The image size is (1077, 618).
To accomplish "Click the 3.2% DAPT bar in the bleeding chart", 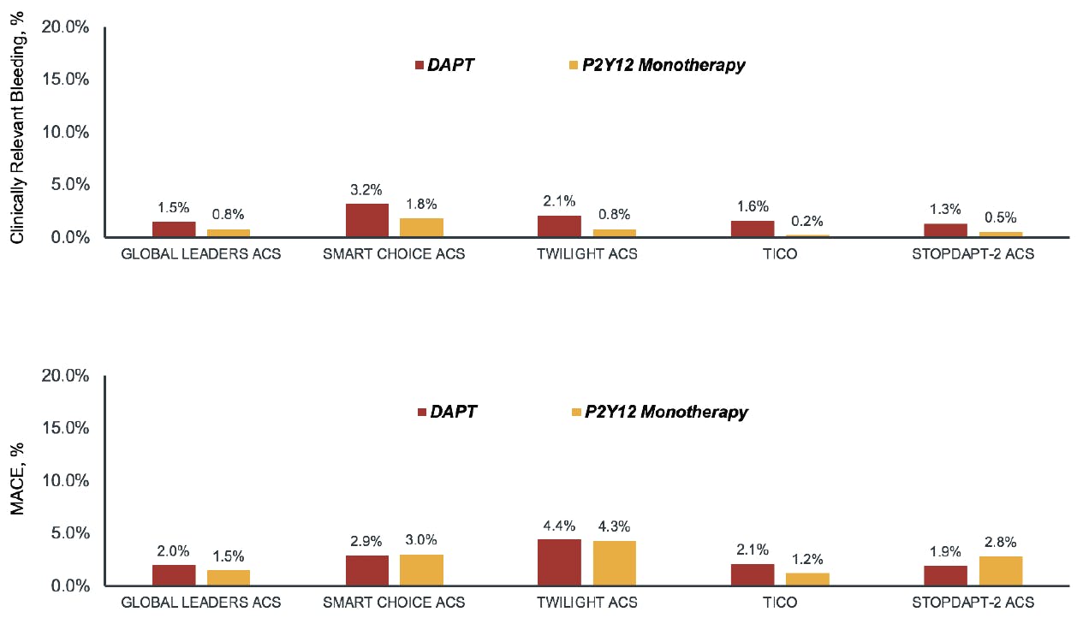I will [366, 220].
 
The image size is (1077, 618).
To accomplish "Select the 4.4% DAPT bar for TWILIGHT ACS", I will [559, 562].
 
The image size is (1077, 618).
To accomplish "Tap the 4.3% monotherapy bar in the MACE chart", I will [614, 563].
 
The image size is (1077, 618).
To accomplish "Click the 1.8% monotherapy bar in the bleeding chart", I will [421, 228].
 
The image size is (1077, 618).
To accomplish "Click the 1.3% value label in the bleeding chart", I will [945, 209].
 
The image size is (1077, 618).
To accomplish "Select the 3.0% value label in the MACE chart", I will [421, 540].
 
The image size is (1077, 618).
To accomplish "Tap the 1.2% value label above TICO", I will [807, 558].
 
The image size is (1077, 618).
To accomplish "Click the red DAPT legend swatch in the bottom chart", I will [421, 413].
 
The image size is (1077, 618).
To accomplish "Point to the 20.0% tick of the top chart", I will [66, 27].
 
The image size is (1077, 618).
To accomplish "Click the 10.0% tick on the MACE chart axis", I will [66, 481].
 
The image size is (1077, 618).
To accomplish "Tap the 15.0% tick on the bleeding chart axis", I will [66, 80].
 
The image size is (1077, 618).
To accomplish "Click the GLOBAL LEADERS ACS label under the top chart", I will [200, 254].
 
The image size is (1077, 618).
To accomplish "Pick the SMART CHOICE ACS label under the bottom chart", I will [394, 603].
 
